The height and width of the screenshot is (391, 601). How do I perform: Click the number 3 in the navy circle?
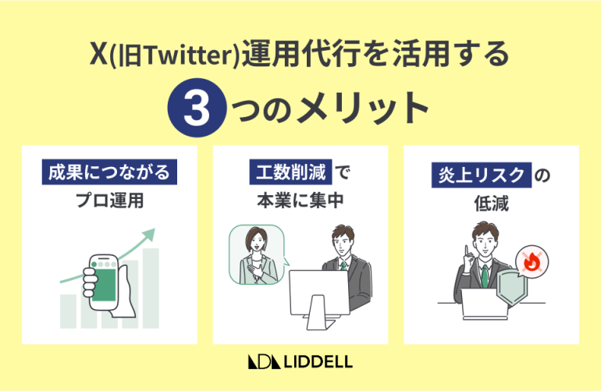(195, 108)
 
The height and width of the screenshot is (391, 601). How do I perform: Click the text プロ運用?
(109, 201)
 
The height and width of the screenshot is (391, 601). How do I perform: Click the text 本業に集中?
(300, 201)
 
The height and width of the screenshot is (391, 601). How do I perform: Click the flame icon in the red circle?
(532, 262)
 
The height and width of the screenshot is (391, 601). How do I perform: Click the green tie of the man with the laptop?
(485, 275)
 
